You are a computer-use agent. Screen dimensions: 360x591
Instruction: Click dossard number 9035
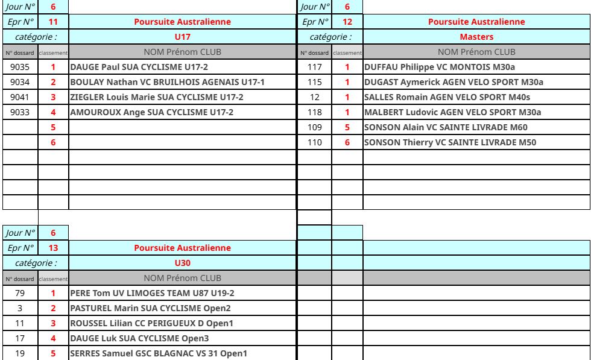click(x=21, y=67)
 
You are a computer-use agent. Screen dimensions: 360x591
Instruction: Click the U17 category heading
click(x=182, y=37)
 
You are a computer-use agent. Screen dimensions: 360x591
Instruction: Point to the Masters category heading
click(x=476, y=37)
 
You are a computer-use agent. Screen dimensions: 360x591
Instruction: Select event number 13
click(x=53, y=248)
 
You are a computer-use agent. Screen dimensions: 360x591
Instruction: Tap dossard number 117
click(x=314, y=67)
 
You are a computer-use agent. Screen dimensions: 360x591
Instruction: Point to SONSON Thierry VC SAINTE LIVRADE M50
click(x=450, y=142)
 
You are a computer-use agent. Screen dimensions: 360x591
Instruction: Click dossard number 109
click(x=314, y=127)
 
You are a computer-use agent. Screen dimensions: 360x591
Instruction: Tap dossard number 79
click(x=21, y=293)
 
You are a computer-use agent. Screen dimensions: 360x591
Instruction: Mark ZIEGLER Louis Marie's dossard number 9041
click(x=21, y=97)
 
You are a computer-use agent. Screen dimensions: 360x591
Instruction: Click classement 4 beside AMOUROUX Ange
click(x=53, y=112)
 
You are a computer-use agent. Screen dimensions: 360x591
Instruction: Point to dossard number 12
click(x=314, y=97)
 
